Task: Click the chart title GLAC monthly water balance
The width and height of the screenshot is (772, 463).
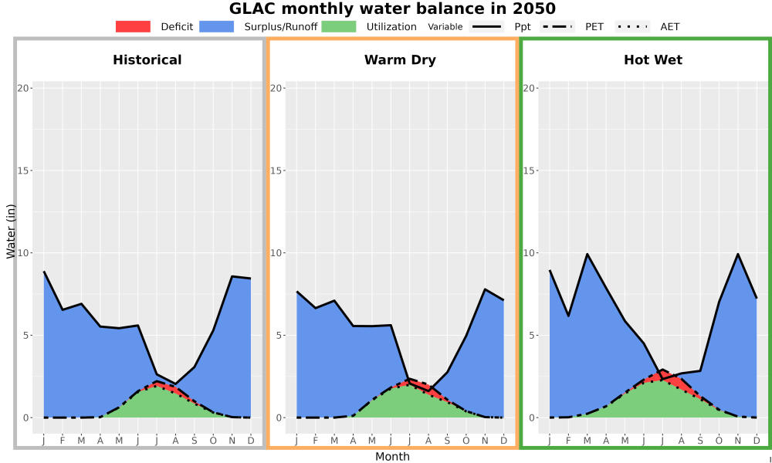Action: [x=392, y=8]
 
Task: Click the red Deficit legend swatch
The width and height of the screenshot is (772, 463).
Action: [x=133, y=26]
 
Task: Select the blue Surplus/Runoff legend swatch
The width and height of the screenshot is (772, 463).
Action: [x=217, y=26]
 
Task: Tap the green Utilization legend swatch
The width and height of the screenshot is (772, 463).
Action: [x=339, y=26]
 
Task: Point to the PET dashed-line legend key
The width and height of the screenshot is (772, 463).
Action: [x=557, y=26]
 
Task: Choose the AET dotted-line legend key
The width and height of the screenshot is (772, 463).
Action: [x=632, y=26]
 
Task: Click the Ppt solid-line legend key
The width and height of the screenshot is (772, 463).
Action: [x=486, y=26]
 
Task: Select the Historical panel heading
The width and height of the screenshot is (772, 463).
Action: [x=147, y=60]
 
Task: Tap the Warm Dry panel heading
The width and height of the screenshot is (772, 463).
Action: [x=400, y=60]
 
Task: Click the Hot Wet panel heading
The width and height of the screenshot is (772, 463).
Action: [x=653, y=60]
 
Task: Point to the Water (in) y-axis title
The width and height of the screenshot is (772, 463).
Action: [x=11, y=231]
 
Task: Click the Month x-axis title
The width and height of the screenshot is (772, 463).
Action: [x=392, y=457]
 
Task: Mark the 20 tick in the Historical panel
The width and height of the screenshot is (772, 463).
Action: [x=25, y=88]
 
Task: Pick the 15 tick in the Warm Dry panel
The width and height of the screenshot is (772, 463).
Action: [x=278, y=171]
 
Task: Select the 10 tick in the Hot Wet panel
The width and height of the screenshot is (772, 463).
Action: [x=531, y=253]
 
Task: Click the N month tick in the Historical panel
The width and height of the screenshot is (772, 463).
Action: [x=232, y=441]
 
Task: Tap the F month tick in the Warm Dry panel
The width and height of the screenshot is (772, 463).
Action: [x=315, y=441]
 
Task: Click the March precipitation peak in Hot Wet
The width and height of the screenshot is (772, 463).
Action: [x=587, y=254]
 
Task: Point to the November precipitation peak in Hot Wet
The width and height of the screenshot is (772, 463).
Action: [x=737, y=254]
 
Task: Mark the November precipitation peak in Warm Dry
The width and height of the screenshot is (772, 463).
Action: [x=485, y=289]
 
